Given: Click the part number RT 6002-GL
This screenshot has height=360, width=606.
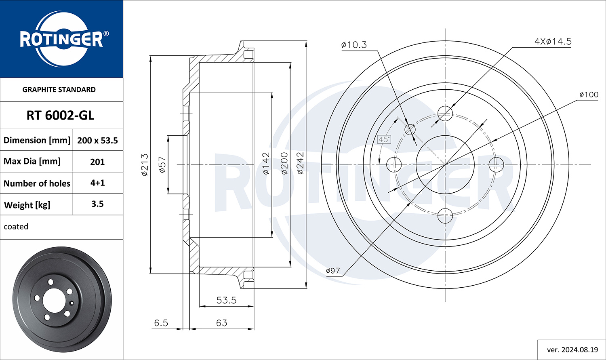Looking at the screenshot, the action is coord(60,116).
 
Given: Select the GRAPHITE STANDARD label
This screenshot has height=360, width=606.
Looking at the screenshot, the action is coord(59,90).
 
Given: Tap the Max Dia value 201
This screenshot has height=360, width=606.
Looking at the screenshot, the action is coord(97,162).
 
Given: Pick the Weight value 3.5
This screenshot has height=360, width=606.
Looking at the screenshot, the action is coord(97,204).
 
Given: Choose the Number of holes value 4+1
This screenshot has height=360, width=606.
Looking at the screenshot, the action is coord(97,183).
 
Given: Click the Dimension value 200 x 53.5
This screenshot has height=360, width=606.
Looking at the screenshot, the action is coord(98,140).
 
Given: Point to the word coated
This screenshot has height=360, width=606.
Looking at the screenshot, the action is coord(16,226).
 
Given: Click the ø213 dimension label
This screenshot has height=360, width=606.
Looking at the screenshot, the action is coord(145,165).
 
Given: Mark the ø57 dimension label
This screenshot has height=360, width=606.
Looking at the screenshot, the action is coord(162,165).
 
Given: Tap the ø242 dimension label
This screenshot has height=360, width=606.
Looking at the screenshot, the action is coord(300,163).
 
